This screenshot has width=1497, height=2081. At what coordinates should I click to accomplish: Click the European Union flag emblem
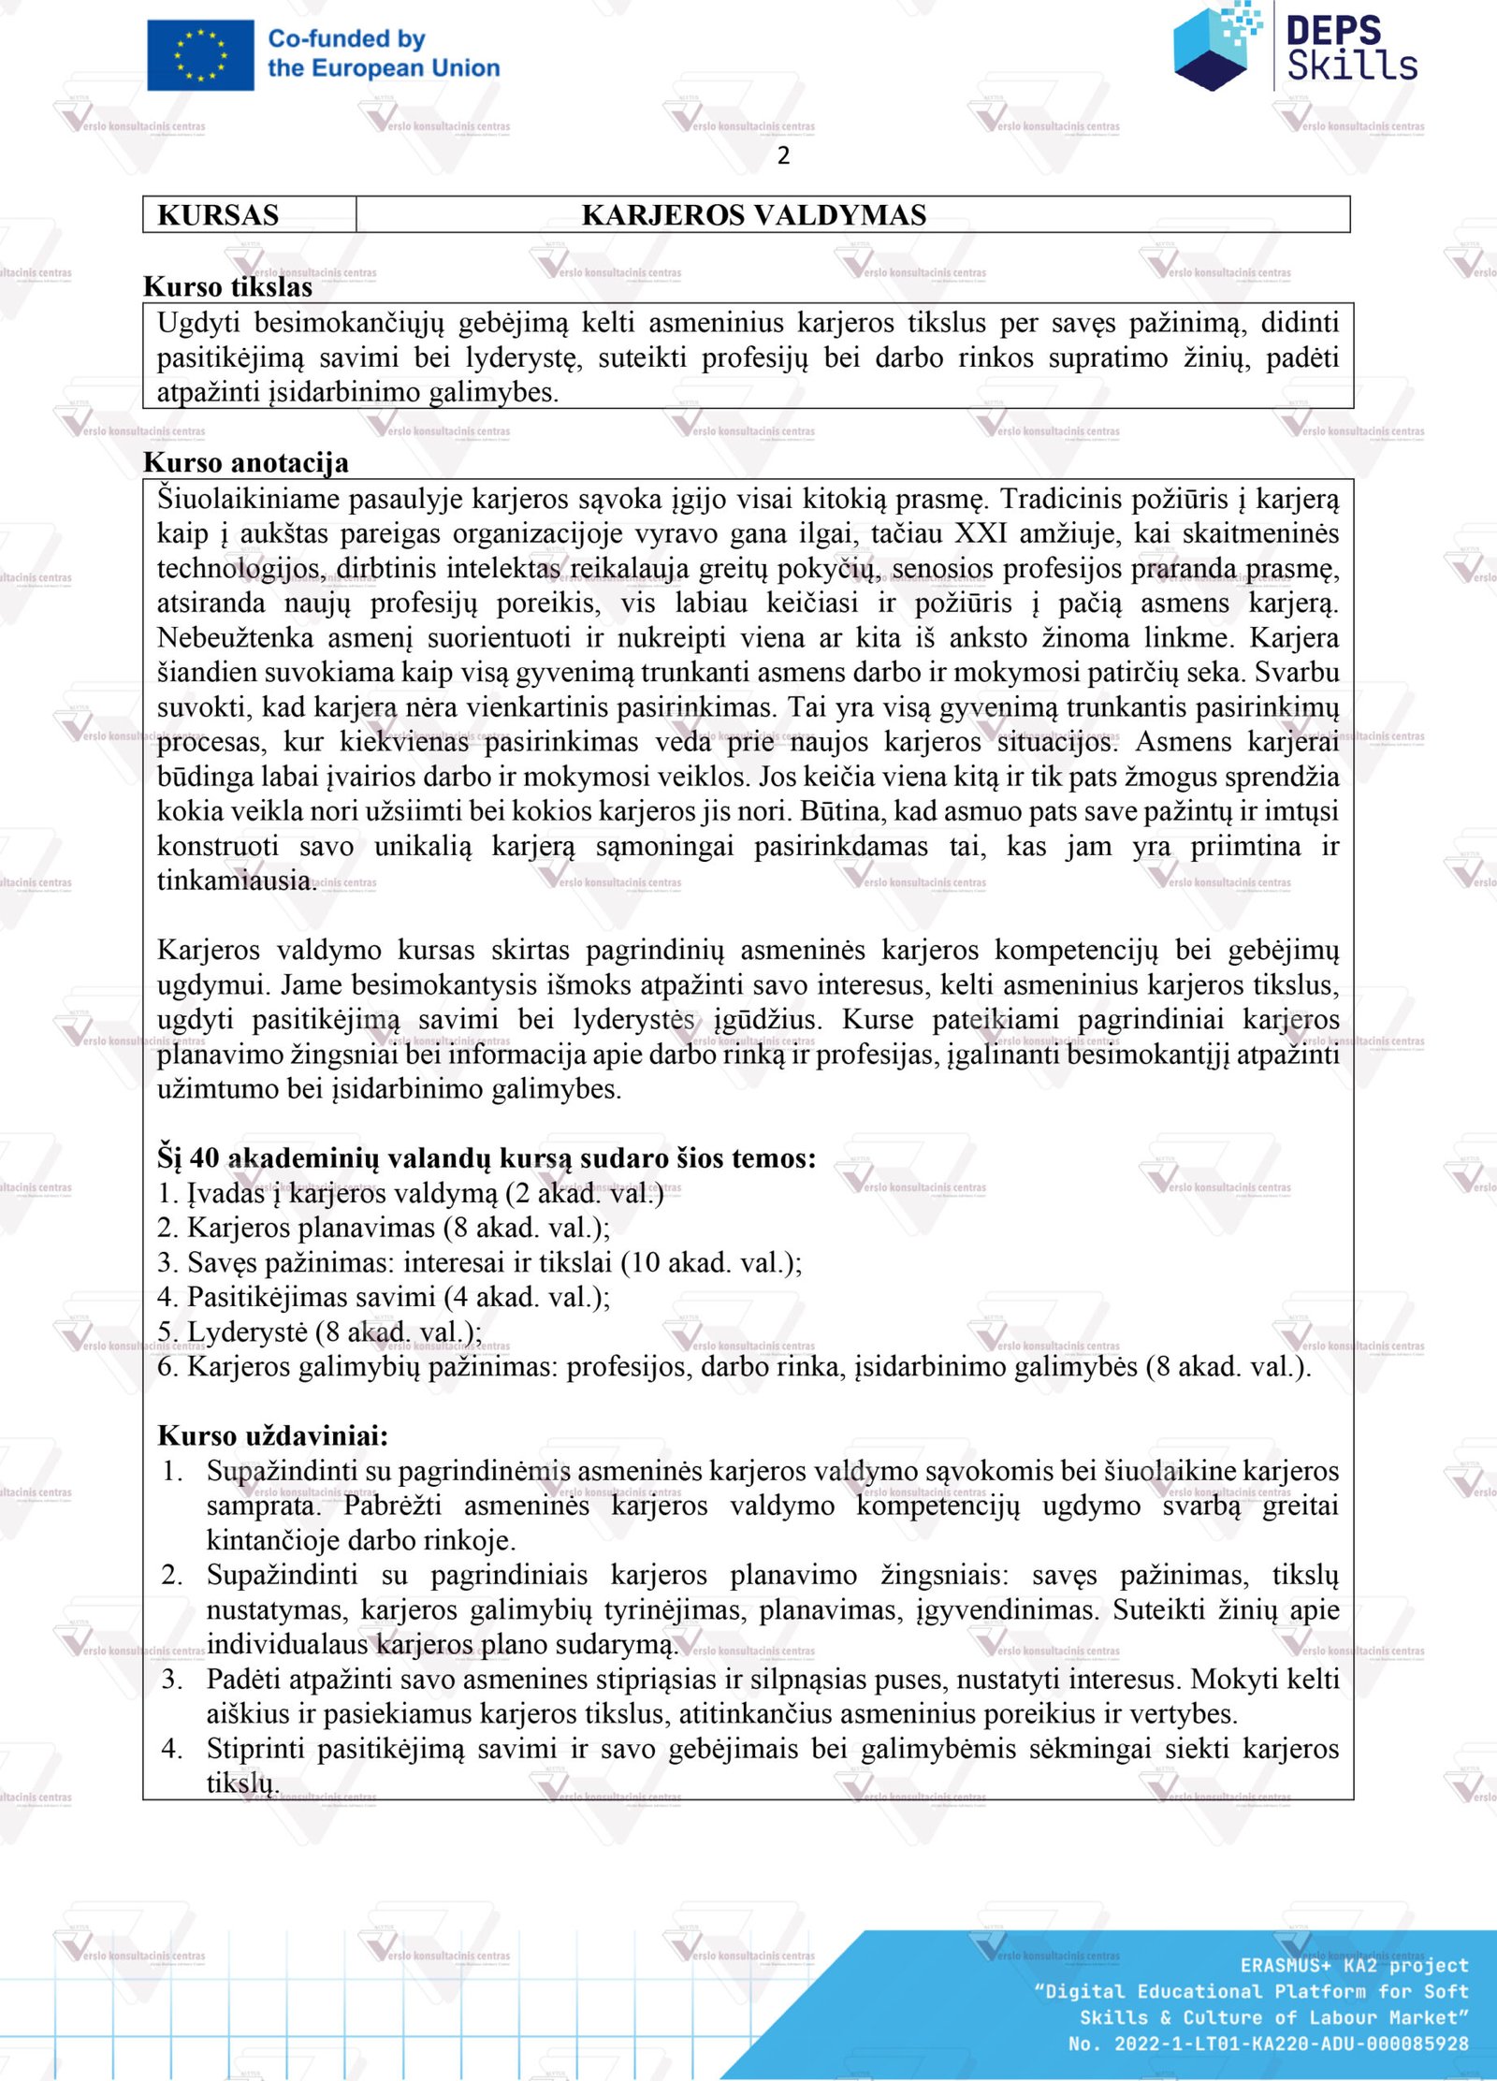(200, 55)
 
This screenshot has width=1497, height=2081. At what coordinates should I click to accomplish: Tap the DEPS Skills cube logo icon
(1216, 47)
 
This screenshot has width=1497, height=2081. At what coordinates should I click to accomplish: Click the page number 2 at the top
(783, 155)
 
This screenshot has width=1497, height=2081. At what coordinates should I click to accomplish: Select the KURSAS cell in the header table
(218, 215)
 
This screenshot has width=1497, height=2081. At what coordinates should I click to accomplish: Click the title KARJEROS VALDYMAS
(753, 215)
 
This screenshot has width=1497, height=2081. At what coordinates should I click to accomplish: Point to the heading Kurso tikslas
(227, 286)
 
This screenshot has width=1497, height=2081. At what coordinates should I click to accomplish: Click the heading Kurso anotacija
(245, 462)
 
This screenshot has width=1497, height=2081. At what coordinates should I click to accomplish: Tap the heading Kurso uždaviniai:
(272, 1435)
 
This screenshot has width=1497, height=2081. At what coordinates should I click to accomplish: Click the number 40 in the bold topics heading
(205, 1158)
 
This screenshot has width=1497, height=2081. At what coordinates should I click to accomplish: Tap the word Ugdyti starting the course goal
(198, 323)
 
